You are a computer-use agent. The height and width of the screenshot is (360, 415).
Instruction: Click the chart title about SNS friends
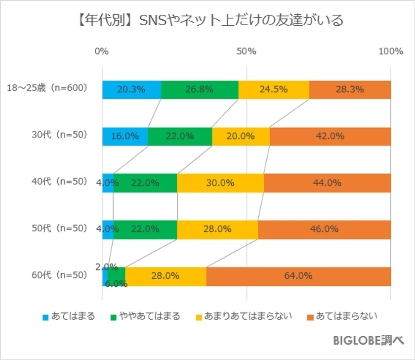(x=207, y=20)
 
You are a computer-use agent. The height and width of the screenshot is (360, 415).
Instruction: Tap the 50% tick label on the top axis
(x=246, y=52)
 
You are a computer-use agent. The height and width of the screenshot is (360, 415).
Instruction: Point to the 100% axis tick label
(x=390, y=52)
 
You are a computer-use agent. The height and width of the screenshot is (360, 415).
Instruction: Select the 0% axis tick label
(x=102, y=52)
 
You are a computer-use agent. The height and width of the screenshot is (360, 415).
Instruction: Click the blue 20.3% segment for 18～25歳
(x=131, y=90)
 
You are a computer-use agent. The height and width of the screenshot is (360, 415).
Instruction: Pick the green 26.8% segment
(x=200, y=90)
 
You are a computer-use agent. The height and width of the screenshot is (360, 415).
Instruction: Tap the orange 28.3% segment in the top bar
(x=350, y=90)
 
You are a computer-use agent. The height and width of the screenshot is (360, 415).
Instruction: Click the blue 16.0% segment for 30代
(x=124, y=136)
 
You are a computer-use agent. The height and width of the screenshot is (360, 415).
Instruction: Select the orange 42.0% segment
(x=330, y=136)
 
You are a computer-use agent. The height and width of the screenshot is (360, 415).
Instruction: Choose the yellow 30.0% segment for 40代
(x=220, y=183)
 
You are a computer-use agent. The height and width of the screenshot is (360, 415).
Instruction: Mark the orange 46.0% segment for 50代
(x=324, y=229)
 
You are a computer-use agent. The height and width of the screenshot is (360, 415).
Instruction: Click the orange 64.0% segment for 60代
(x=298, y=276)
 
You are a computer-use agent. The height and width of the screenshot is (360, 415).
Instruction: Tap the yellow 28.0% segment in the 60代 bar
(x=166, y=276)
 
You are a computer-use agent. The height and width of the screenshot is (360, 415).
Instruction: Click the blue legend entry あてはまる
(x=69, y=315)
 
